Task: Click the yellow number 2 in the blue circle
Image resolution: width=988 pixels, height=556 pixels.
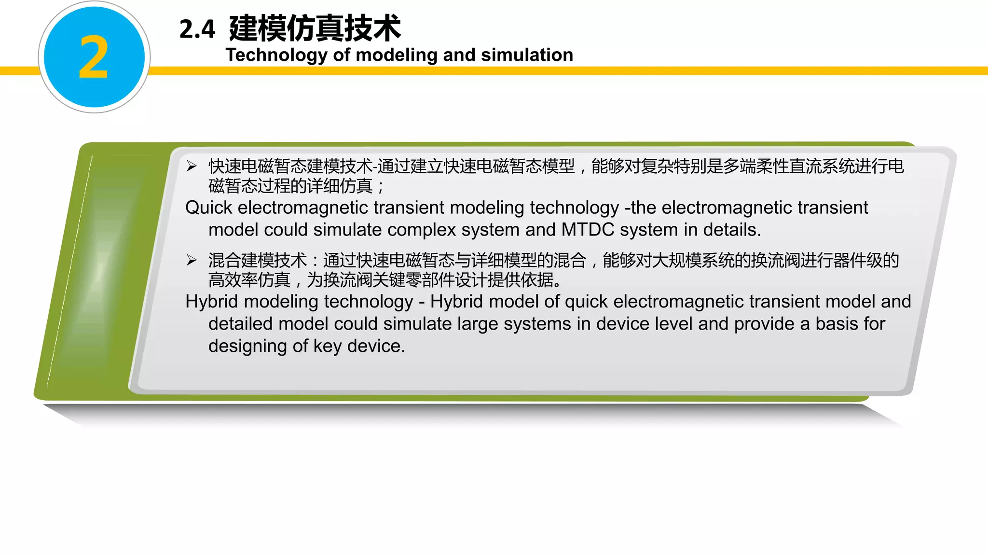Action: click(94, 57)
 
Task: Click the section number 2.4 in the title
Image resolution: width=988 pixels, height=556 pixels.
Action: click(197, 29)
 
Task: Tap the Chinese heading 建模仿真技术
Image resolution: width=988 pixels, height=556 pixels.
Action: click(315, 28)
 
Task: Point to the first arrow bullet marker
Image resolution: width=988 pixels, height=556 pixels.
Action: click(192, 166)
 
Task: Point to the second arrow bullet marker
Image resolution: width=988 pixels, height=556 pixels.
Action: click(192, 260)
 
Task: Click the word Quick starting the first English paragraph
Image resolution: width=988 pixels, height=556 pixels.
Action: click(208, 208)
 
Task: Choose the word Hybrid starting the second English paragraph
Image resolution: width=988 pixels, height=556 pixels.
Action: click(212, 302)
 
